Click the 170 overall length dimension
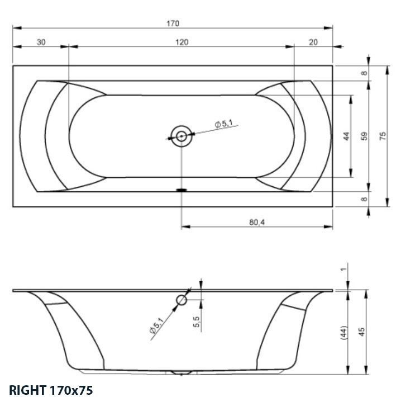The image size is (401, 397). click(173, 23)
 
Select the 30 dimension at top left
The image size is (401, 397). click(41, 42)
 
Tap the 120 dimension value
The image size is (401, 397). click(182, 42)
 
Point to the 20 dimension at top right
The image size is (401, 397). click(313, 42)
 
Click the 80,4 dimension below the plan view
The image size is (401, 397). click(257, 222)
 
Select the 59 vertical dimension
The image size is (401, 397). click(364, 136)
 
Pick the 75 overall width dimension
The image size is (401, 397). click(383, 136)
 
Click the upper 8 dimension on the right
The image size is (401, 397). click(364, 73)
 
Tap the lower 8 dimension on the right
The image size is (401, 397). click(364, 199)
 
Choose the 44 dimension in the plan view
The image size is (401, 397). click(346, 136)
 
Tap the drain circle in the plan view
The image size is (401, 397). click(181, 135)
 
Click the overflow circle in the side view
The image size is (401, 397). click(182, 300)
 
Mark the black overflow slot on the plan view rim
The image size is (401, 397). click(181, 190)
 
